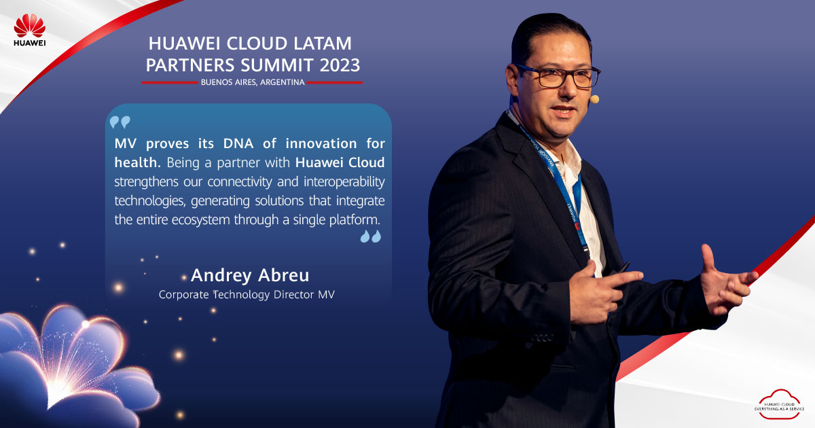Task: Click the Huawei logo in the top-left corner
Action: coord(29,30)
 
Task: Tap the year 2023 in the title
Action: coord(340,65)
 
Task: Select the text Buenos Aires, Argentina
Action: coord(253,82)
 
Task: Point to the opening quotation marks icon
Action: coord(120,122)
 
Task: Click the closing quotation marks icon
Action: coord(371,236)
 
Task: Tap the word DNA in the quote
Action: coord(238,143)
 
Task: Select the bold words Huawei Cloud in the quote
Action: coord(340,162)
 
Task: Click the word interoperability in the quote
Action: coord(344,181)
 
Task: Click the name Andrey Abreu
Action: coord(250,275)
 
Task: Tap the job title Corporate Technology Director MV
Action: coord(247,294)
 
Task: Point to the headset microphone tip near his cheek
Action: coord(594,99)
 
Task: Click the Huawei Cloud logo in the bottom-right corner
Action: coord(779,404)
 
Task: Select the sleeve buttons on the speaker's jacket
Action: coord(542,338)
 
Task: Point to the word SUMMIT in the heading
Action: coord(277,65)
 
